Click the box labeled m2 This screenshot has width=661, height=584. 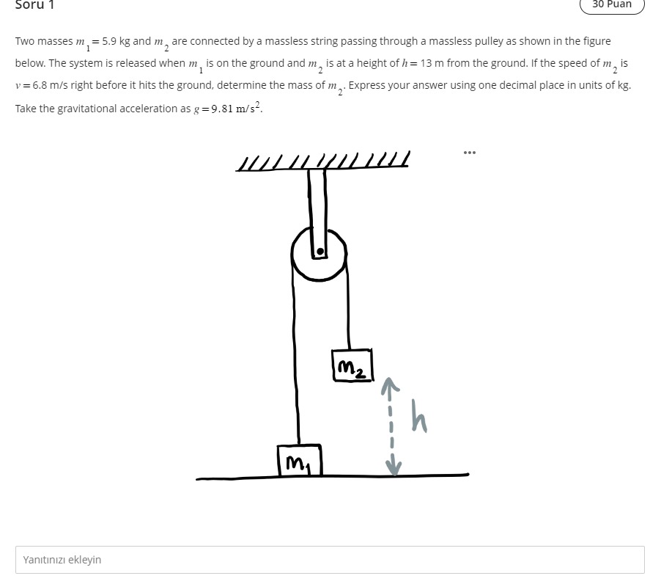(x=352, y=365)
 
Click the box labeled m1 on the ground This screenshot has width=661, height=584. (x=300, y=460)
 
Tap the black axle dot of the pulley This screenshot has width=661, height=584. (x=320, y=252)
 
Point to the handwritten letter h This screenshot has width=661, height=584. (x=419, y=416)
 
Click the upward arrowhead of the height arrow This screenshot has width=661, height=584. (x=390, y=385)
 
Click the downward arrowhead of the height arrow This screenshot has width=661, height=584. (x=394, y=467)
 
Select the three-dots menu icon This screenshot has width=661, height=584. (x=470, y=153)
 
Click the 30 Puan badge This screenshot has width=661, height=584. (x=612, y=5)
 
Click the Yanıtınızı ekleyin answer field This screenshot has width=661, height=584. (x=330, y=560)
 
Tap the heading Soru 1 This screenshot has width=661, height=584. (x=34, y=4)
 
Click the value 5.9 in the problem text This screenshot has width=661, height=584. (x=109, y=41)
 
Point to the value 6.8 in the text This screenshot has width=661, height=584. (x=40, y=85)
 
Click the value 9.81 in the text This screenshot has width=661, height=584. (x=222, y=109)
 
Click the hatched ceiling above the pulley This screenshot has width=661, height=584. (x=322, y=161)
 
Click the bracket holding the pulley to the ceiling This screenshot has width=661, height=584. (x=318, y=213)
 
